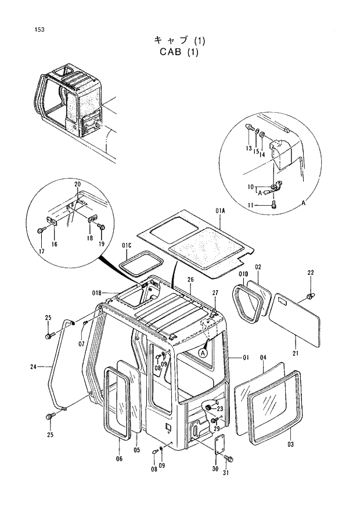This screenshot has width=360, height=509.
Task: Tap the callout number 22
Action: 310,273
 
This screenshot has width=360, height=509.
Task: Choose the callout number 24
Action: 33,367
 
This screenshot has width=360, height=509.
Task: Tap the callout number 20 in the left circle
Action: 77,184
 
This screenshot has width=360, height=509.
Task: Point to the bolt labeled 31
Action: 228,459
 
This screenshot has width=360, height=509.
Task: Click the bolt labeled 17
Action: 40,231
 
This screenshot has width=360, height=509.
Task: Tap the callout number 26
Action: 189,281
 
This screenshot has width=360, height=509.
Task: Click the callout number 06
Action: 120,458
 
